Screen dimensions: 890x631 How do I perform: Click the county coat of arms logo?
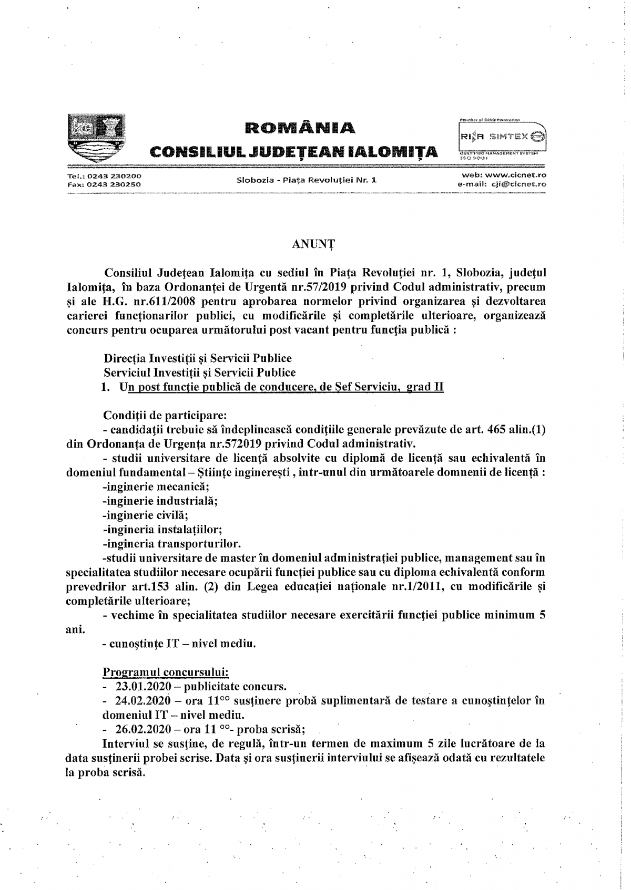[x=96, y=136]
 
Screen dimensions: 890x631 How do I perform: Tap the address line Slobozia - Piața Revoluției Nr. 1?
[x=308, y=180]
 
